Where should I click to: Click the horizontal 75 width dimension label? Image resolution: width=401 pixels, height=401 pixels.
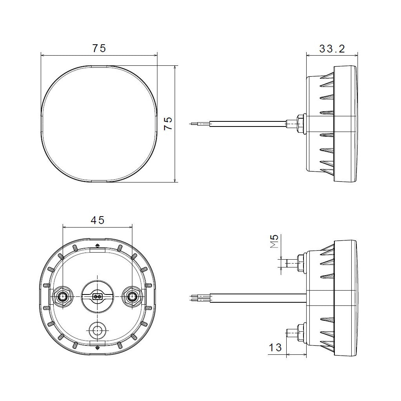click(99, 48)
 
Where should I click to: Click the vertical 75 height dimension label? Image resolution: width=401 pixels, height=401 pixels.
click(168, 124)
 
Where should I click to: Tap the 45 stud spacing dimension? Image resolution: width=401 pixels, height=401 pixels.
click(98, 220)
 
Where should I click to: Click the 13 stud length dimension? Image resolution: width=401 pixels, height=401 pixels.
click(275, 347)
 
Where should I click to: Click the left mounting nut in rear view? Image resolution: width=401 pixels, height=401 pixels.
click(62, 297)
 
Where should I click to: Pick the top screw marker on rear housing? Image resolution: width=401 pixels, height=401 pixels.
click(97, 246)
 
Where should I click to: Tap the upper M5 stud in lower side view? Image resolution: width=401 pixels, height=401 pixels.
click(292, 263)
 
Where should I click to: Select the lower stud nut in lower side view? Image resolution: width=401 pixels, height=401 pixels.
click(302, 332)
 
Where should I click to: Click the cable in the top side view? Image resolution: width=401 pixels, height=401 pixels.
click(247, 124)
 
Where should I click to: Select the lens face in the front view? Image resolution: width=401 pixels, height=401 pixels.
click(99, 124)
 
